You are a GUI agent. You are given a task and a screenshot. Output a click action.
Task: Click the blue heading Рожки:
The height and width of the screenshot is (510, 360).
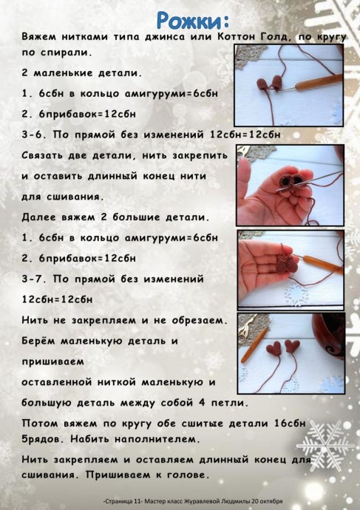[192, 18]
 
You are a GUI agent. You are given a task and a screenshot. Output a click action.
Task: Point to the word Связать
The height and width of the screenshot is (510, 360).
[44, 156]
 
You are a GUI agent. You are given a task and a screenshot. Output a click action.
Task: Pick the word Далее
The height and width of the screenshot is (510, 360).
[38, 218]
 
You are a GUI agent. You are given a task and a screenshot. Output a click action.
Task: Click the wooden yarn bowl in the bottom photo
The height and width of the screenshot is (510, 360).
[329, 333]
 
